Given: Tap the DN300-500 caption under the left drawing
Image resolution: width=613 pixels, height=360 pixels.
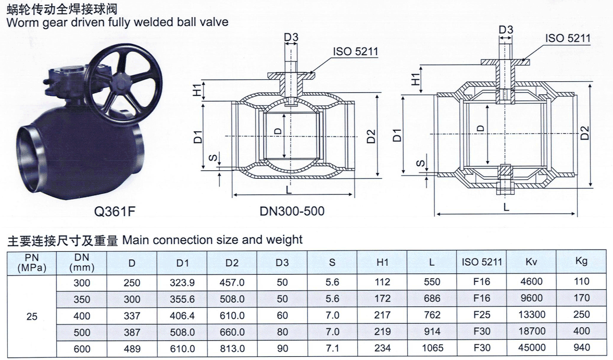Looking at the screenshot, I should coord(292,211).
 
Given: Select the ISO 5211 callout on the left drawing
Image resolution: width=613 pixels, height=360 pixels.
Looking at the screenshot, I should coord(355,51).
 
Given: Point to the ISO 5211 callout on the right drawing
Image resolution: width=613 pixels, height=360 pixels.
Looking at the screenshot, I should coord(567,38).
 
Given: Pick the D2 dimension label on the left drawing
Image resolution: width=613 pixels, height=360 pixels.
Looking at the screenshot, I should coord(370,136).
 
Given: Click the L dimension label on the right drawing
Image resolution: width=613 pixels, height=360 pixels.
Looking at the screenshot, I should coord(506,207).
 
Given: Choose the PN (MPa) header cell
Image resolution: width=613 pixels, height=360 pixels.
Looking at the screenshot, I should coord(32,262).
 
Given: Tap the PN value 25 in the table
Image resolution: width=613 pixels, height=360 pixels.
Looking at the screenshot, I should coord(32,316).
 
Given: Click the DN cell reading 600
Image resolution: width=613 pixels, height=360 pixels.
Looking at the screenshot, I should coord(82,349).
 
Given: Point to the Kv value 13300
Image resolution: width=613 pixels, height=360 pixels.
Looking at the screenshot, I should coord(531,315).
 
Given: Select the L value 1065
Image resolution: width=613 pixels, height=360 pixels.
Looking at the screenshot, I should coord(432,348).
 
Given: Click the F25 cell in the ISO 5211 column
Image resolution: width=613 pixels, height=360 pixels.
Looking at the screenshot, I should coord(482,315).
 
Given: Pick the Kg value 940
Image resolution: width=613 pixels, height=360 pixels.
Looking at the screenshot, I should coord(581,348).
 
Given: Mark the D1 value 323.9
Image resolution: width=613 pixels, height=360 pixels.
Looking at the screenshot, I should coord(182,282).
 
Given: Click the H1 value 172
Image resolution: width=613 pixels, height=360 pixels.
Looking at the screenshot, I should coord(382,299).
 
